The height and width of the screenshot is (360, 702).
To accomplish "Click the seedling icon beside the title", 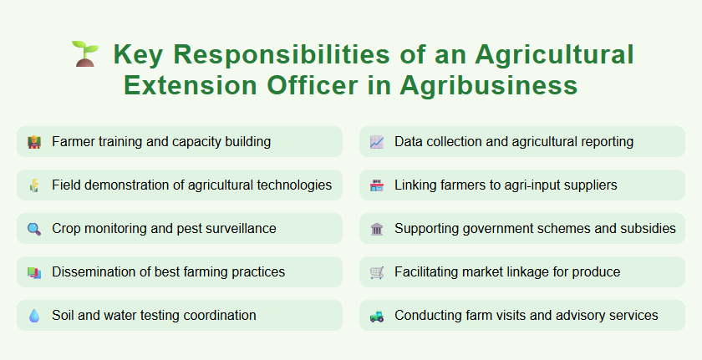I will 84,54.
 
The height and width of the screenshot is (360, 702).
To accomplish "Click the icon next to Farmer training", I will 33,142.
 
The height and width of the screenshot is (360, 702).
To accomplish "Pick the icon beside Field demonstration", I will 33,185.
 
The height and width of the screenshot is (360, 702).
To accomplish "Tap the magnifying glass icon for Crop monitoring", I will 33,229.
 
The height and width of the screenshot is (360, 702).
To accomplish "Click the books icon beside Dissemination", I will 33,272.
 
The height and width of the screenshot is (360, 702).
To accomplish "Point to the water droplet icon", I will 33,316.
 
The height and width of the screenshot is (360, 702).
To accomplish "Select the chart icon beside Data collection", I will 377,142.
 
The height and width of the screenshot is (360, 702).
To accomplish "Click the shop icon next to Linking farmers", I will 377,185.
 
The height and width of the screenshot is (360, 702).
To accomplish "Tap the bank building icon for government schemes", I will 377,229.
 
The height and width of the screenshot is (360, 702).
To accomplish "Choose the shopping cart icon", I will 377,272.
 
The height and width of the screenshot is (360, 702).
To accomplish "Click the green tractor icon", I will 377,316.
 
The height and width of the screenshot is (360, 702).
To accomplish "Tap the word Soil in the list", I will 64,315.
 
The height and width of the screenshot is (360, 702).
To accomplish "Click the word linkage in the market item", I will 537,271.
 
